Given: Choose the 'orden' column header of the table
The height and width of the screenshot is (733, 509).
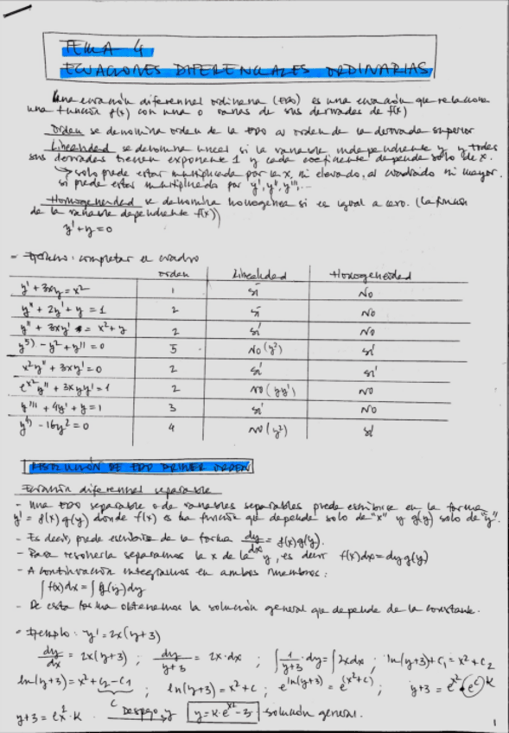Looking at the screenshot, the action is point(175,275).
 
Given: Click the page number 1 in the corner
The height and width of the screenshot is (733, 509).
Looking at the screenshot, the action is point(493,721).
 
